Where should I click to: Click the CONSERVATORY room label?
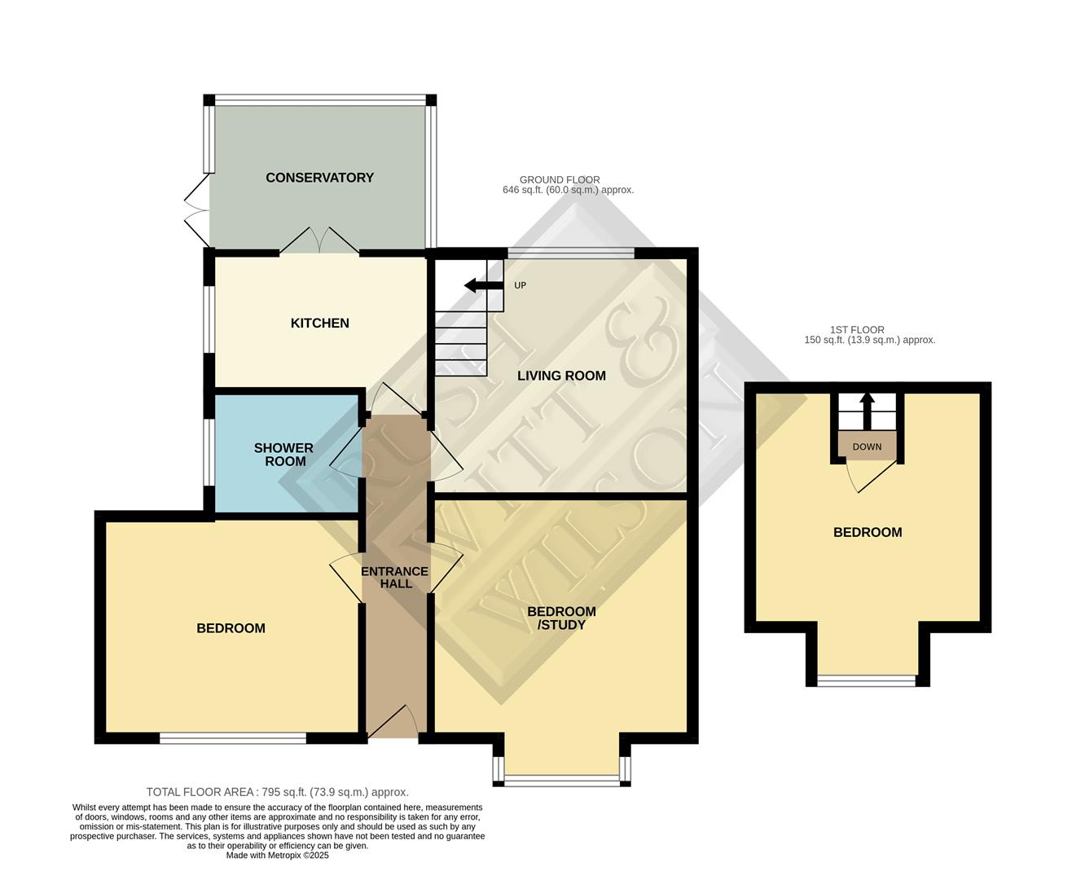point(319,178)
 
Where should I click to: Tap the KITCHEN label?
point(319,323)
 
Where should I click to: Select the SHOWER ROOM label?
point(283,455)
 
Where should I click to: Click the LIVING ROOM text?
point(561,376)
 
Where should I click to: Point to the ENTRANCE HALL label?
point(394,578)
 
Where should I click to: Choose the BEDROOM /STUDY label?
point(561,618)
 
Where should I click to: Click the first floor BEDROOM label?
point(868,533)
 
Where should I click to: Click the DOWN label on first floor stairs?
point(867,447)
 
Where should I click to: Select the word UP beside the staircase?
point(521,285)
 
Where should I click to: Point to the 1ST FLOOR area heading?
point(869,335)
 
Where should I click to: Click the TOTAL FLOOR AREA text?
point(277,792)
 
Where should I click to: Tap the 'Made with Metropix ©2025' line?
point(277,856)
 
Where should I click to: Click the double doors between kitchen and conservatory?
point(319,241)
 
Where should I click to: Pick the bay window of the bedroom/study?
point(561,780)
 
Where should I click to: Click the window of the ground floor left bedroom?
point(232,738)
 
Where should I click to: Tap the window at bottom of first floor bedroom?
point(867,680)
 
